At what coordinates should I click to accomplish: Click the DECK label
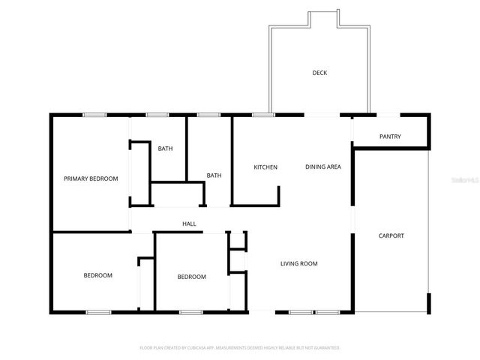point(319,73)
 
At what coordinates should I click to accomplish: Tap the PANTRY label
point(390,136)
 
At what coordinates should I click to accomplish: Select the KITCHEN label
point(265,166)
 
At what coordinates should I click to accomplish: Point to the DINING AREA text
point(323,166)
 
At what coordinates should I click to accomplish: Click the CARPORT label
point(391,235)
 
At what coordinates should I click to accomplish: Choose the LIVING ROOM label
point(299,263)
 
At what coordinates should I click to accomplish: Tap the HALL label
point(190,223)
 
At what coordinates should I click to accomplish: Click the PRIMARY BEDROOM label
point(91,178)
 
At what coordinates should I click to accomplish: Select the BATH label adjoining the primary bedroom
point(165,148)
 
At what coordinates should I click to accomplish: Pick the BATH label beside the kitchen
point(214,175)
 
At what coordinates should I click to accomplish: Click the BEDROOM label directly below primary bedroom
point(97,275)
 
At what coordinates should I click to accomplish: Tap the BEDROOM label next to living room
point(191,277)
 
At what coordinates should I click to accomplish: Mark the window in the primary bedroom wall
point(94,115)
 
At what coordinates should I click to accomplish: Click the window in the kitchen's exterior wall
point(262,115)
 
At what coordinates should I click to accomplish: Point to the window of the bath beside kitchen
point(208,115)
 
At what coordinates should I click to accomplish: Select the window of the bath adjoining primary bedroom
point(156,115)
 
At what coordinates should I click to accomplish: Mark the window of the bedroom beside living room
point(190,311)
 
